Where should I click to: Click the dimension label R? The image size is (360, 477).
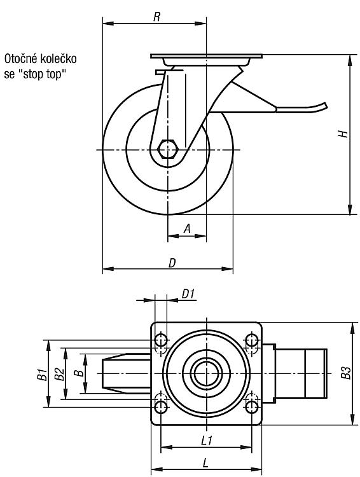click(156, 17)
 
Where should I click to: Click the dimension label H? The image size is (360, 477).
click(343, 134)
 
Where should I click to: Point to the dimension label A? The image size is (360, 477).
click(188, 228)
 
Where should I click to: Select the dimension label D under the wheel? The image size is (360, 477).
click(172, 263)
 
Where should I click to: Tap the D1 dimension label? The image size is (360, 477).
click(188, 294)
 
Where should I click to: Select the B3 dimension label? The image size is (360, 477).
click(346, 373)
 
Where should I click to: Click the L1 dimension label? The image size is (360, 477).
click(207, 441)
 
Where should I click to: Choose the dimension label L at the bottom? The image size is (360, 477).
click(205, 463)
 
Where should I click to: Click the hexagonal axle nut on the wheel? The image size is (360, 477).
click(167, 149)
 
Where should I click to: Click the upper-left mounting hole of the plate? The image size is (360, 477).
click(161, 340)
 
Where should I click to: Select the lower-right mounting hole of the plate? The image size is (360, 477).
click(251, 407)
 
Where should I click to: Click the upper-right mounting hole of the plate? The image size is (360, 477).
click(251, 340)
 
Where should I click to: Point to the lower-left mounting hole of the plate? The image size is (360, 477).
click(161, 407)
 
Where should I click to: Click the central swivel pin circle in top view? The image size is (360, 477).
click(206, 373)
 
